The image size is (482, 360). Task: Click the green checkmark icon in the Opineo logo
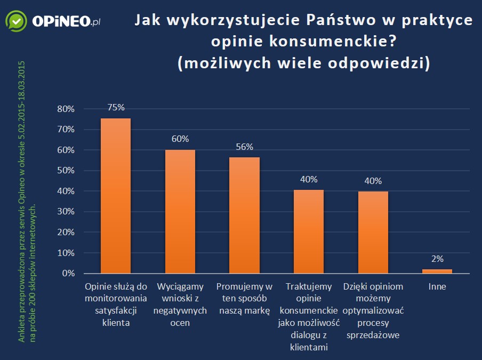(17, 21)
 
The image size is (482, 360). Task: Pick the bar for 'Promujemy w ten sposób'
(244, 215)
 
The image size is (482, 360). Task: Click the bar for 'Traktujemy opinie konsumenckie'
(309, 231)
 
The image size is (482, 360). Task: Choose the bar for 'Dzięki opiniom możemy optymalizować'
(373, 232)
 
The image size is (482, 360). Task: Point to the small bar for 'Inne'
(437, 271)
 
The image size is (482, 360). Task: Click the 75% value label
(116, 107)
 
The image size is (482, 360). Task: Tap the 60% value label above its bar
(180, 139)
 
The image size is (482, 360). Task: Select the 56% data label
(244, 147)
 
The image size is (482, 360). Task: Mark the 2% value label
(437, 259)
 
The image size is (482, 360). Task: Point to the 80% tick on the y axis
(66, 109)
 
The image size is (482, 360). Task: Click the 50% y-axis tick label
(66, 171)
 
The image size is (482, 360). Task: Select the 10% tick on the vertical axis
(66, 253)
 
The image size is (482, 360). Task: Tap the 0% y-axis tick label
(68, 274)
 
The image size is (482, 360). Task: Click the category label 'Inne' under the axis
(437, 286)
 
